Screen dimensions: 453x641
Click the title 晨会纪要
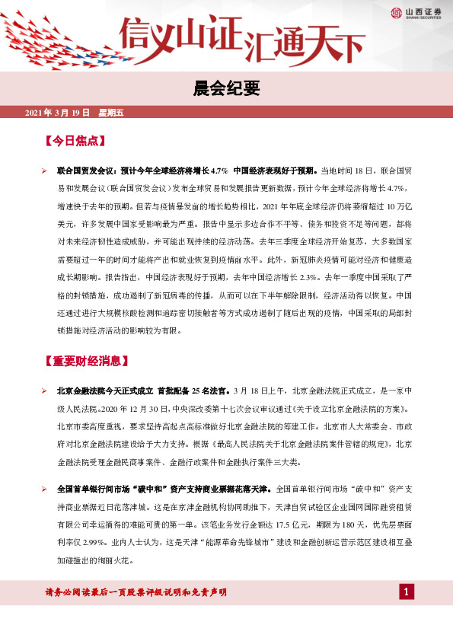coord(226,90)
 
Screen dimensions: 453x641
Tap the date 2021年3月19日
coord(58,113)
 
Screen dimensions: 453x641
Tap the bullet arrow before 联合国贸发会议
coord(45,171)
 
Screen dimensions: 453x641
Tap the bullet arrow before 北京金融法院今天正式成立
coord(45,391)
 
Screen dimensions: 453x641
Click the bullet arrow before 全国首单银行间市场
coord(45,487)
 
